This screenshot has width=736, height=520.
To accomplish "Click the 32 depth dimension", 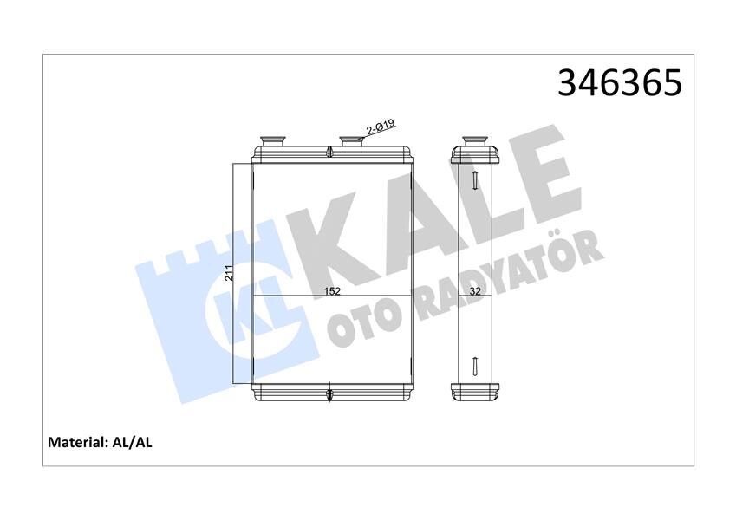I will pyautogui.click(x=475, y=292).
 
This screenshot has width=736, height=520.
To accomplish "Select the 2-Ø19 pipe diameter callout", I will pyautogui.click(x=381, y=127).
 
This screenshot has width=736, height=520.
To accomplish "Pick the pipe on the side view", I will pyautogui.click(x=475, y=140).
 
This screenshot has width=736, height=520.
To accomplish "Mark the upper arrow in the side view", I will pyautogui.click(x=475, y=180).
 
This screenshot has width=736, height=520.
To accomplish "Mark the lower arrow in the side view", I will pyautogui.click(x=475, y=366).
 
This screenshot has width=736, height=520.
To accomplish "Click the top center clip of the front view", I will pyautogui.click(x=330, y=154).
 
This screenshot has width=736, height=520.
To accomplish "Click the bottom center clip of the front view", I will pyautogui.click(x=330, y=396).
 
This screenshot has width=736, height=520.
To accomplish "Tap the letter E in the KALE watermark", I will pyautogui.click(x=542, y=169).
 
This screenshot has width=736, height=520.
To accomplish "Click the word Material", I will pyautogui.click(x=76, y=442).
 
